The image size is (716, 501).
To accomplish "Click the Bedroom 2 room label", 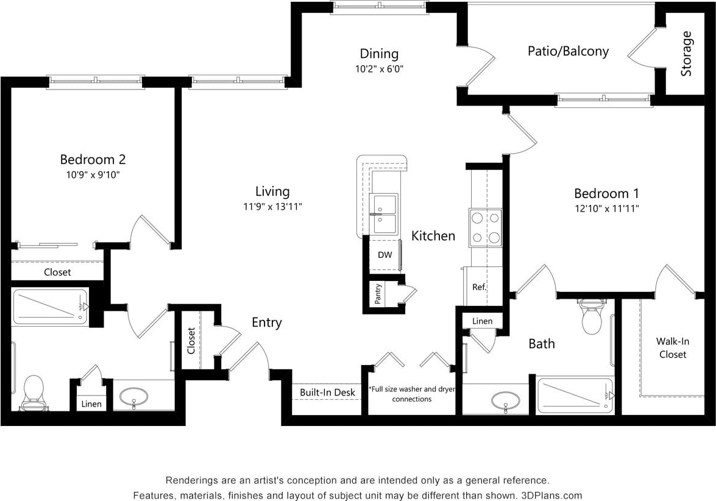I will click(93, 160).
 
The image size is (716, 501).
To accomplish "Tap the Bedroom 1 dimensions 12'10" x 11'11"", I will click(606, 208).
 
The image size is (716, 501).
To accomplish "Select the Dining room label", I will click(378, 54).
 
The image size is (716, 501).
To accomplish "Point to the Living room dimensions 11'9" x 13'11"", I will click(272, 207).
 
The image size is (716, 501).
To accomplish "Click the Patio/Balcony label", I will click(567, 51).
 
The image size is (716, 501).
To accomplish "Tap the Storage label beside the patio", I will click(687, 54).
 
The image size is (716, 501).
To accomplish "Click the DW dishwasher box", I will click(385, 255).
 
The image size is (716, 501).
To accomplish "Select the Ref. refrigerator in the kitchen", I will click(480, 286).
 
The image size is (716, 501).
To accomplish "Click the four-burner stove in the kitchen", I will click(485, 228).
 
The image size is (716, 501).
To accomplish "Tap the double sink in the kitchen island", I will click(385, 214).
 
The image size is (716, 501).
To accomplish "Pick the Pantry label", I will click(378, 294).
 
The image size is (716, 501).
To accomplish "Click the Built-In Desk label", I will click(327, 393).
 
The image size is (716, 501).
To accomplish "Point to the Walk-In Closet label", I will click(672, 348).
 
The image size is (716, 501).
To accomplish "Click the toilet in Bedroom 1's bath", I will click(591, 316).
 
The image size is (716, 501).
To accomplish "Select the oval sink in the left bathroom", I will click(133, 397).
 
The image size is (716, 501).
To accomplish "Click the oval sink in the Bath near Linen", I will click(505, 400).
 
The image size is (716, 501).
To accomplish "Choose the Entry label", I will click(267, 322).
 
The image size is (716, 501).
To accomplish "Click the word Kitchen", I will click(433, 236).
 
